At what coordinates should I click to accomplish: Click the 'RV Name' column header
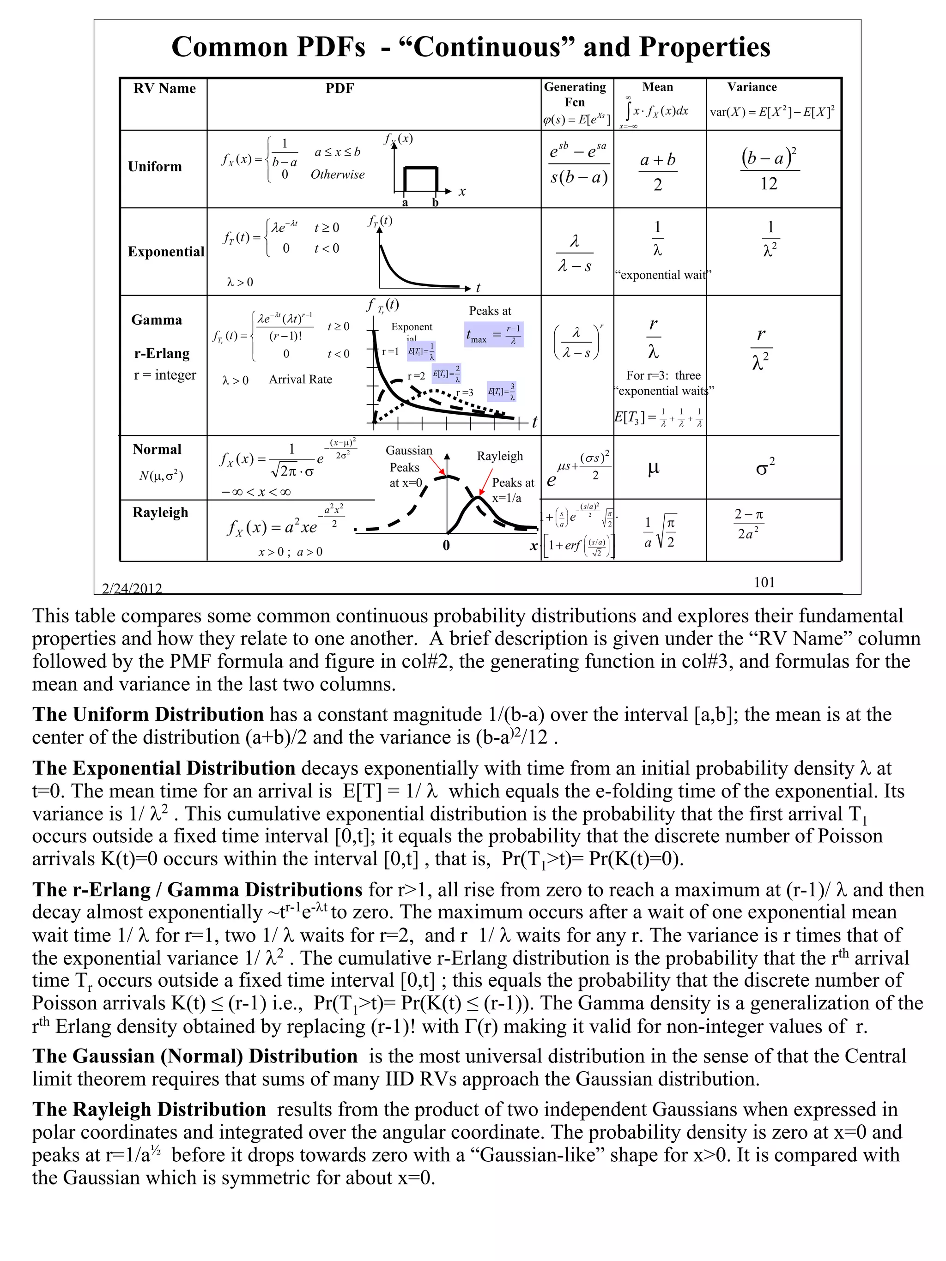pyautogui.click(x=164, y=88)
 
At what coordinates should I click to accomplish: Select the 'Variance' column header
pyautogui.click(x=752, y=87)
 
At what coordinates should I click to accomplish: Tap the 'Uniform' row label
pyautogui.click(x=155, y=167)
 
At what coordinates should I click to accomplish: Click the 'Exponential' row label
pyautogui.click(x=165, y=251)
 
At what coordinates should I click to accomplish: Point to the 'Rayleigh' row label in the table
pyautogui.click(x=160, y=512)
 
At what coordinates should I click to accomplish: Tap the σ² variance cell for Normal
pyautogui.click(x=764, y=467)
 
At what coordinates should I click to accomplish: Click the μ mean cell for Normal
pyautogui.click(x=654, y=467)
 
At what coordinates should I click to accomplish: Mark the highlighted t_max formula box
pyautogui.click(x=493, y=335)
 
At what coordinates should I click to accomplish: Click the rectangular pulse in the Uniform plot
pyautogui.click(x=420, y=178)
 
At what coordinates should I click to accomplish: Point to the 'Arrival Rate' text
pyautogui.click(x=301, y=379)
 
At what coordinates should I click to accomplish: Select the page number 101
pyautogui.click(x=764, y=582)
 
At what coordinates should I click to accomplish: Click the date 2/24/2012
pyautogui.click(x=132, y=588)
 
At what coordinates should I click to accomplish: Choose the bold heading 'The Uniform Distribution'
pyautogui.click(x=148, y=714)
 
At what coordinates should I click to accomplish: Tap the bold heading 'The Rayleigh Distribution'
pyautogui.click(x=149, y=1109)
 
